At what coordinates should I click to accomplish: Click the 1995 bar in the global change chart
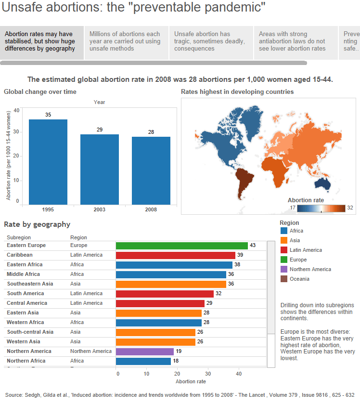tap(48, 162)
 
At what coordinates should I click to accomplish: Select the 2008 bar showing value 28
tap(151, 170)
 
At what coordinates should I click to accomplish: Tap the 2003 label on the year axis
tap(99, 209)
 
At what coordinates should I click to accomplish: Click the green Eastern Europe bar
tap(181, 246)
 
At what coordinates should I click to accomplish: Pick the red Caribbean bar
tap(175, 255)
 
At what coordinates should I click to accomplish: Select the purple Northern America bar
tap(144, 352)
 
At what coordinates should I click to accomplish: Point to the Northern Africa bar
tap(143, 361)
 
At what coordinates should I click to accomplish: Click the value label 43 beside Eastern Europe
tap(253, 246)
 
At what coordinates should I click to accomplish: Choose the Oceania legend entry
tap(299, 279)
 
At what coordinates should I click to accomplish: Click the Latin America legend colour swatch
tap(283, 250)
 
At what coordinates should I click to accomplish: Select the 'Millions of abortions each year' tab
tap(126, 41)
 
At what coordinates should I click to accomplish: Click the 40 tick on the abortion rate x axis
tap(239, 373)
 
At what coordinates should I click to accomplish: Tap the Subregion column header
tap(19, 237)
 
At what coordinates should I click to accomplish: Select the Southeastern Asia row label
tap(30, 284)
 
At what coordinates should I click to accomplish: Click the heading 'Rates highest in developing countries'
tap(237, 91)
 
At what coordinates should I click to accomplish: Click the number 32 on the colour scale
tap(350, 208)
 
